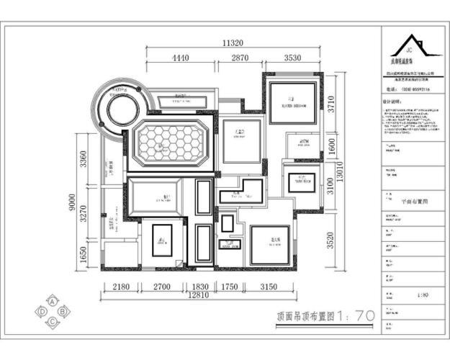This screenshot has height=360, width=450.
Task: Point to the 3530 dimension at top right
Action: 292,58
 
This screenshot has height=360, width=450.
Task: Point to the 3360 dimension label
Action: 84,160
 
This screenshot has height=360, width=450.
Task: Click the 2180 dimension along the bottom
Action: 122,287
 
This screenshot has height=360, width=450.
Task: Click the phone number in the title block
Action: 408,90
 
